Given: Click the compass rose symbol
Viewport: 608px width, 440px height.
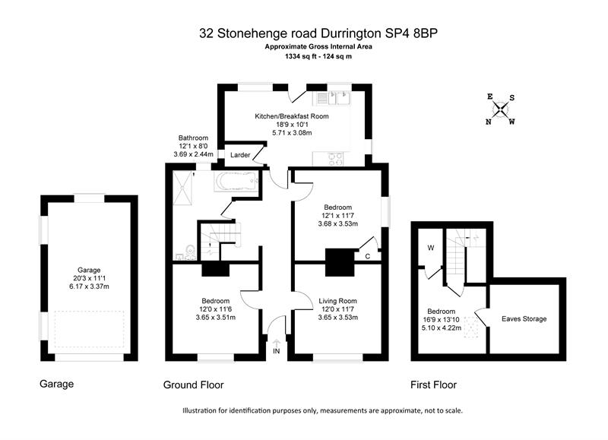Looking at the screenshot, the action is (501, 109).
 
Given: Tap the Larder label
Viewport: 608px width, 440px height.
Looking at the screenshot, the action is (240, 155).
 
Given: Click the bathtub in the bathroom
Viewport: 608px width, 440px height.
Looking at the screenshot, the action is (236, 181).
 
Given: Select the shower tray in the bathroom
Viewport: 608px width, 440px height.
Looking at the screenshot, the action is (182, 188).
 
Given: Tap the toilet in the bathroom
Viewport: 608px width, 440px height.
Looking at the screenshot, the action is (190, 252).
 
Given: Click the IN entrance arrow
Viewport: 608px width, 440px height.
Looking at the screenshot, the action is (276, 347).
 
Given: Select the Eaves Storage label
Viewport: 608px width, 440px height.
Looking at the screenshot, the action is (524, 319).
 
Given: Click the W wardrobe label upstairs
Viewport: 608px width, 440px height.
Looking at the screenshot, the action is (431, 248).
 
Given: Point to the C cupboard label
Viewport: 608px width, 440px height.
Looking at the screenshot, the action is (368, 256).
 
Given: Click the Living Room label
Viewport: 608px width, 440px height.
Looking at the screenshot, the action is (337, 301).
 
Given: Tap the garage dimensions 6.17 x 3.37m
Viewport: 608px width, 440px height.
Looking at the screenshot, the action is (89, 286).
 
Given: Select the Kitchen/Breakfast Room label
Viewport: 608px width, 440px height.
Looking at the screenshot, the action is (292, 116).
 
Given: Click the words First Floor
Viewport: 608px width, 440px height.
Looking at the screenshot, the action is (433, 385).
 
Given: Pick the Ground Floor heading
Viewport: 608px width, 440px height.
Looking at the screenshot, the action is (194, 385).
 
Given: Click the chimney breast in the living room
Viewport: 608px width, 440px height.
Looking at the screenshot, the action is (340, 262).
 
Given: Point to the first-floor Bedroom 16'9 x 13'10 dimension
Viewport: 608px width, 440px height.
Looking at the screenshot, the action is (441, 320).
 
